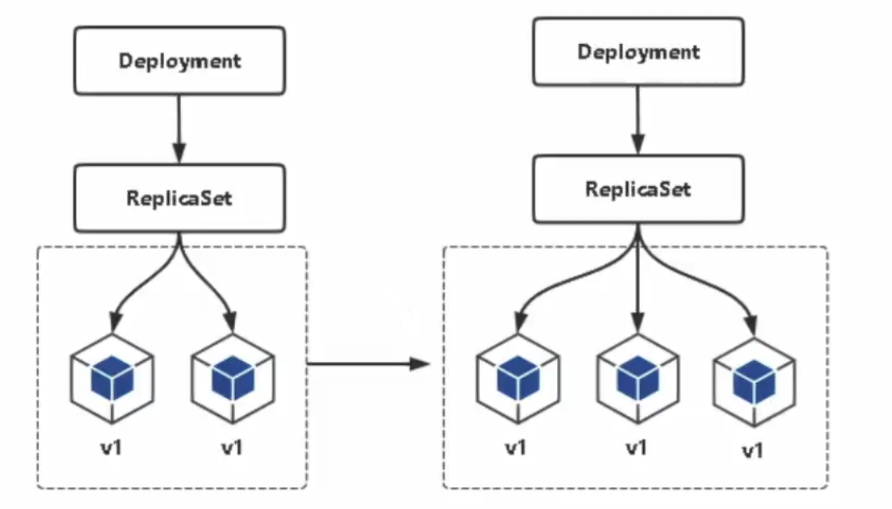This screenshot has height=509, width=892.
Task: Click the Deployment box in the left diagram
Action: tap(180, 61)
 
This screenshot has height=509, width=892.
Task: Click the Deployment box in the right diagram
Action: tap(637, 52)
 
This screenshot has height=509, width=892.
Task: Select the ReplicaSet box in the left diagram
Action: tap(180, 197)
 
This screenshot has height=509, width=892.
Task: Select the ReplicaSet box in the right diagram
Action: tap(637, 190)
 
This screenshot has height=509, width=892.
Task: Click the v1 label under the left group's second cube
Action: tap(232, 448)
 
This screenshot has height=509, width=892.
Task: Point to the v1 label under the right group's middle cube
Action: tap(637, 448)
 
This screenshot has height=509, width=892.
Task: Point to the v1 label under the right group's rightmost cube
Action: tap(753, 452)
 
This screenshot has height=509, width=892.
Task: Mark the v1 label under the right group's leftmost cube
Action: tap(516, 448)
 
